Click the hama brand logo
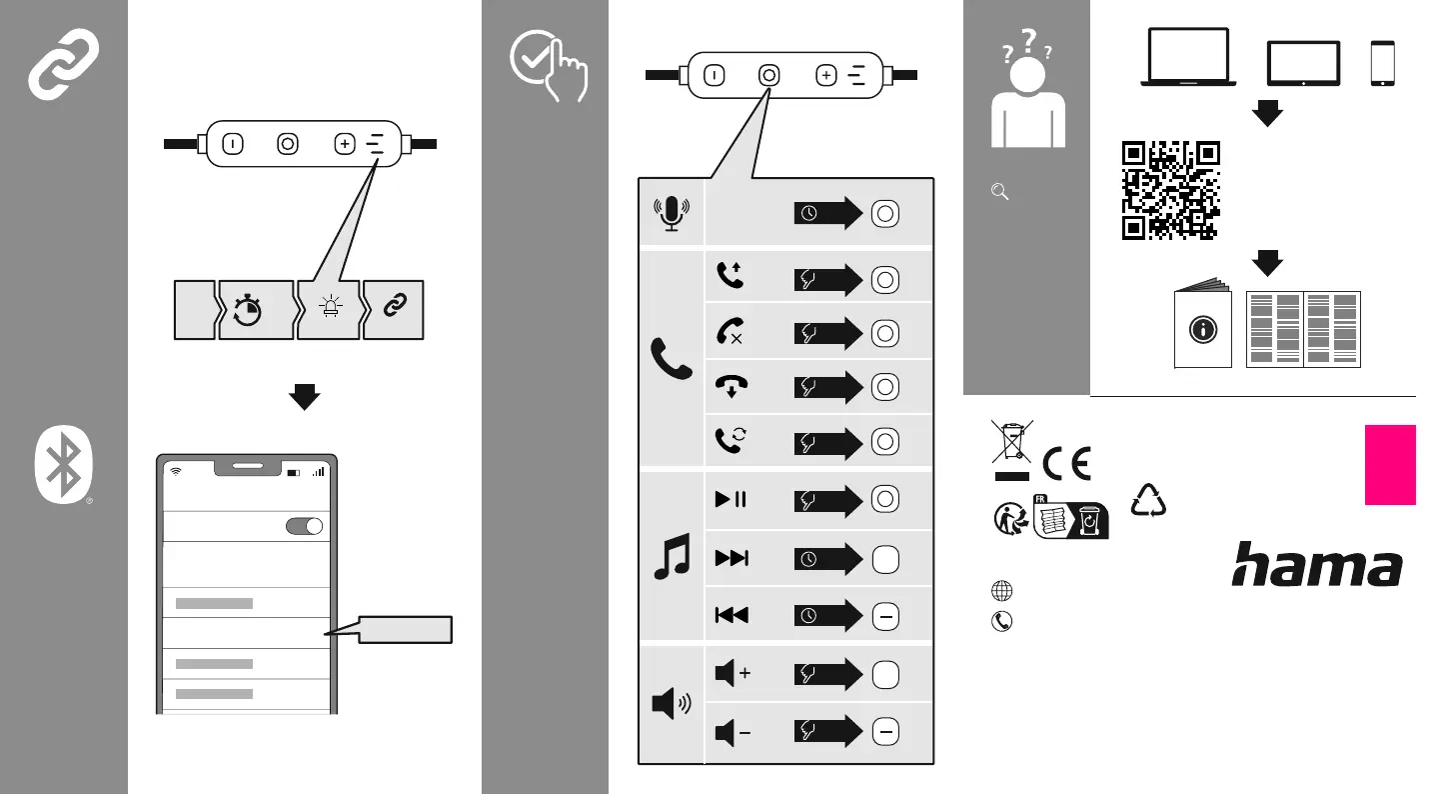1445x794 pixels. (1317, 564)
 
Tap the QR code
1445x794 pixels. (1171, 190)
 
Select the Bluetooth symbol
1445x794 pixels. (63, 464)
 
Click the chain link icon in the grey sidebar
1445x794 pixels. (63, 63)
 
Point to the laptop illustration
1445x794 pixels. (1188, 57)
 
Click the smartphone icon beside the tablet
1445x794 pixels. (1382, 63)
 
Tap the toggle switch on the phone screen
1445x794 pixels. (305, 526)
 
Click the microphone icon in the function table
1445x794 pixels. (672, 214)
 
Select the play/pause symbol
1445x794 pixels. (730, 499)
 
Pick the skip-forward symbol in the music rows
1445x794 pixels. (731, 558)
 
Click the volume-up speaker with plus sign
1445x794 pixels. (732, 673)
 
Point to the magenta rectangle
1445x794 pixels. (1390, 465)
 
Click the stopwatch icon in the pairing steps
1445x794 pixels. (247, 310)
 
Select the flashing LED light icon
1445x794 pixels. (331, 306)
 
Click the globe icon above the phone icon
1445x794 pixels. (1002, 591)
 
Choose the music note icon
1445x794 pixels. (673, 556)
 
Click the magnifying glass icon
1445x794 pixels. (1000, 192)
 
